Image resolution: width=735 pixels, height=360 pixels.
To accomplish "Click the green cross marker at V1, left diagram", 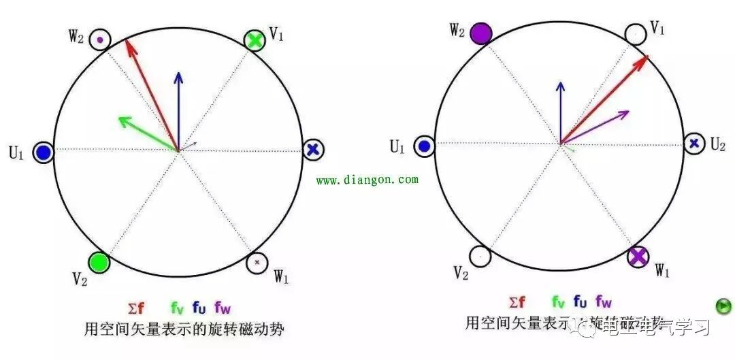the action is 255,40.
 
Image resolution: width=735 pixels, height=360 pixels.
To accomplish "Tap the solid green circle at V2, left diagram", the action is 99,262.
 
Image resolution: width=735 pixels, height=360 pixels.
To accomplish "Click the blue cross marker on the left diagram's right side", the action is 312,150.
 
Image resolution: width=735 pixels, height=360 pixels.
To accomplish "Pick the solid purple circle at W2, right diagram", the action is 481,33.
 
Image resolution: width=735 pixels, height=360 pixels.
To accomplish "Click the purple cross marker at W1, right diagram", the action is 638,257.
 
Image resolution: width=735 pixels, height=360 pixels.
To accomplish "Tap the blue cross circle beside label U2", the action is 693,143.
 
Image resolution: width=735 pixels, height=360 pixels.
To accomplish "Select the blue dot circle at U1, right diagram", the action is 424,145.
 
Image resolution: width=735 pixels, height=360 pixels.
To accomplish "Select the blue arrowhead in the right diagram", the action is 560,86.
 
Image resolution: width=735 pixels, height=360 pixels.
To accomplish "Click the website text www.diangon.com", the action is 367,180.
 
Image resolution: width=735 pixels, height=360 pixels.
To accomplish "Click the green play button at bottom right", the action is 724,306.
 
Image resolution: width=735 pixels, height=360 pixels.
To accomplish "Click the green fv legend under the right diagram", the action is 559,301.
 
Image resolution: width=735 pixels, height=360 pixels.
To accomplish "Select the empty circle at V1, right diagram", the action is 635,33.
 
